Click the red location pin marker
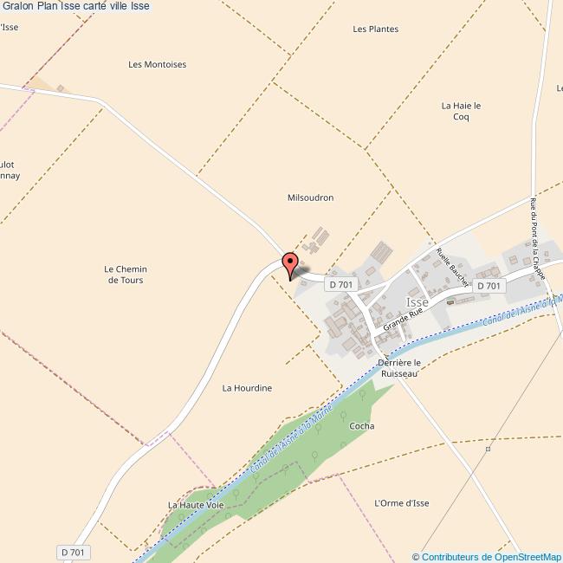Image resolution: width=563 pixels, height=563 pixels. (290, 262)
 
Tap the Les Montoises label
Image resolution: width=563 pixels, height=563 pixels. (157, 64)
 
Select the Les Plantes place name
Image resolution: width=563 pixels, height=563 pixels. (376, 29)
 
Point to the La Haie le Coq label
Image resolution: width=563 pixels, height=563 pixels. (461, 111)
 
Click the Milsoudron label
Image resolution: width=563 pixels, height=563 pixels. (310, 197)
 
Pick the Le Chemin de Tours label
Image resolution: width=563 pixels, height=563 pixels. (124, 275)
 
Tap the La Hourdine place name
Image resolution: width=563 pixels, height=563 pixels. (247, 388)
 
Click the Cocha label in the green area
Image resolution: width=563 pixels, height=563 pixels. (361, 426)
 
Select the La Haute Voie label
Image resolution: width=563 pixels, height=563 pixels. (196, 504)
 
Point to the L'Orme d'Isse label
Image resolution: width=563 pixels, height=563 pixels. (401, 503)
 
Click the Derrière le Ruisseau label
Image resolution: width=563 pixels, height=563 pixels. (399, 368)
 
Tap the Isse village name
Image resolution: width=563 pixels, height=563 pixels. (417, 301)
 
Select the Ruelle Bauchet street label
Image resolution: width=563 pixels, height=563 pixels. (452, 268)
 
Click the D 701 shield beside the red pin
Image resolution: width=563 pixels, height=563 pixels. (340, 284)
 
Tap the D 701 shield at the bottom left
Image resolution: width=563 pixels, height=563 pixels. (74, 552)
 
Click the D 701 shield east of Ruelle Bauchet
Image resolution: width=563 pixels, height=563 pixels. (489, 285)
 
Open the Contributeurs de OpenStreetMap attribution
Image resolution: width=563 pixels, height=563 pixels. (486, 557)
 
